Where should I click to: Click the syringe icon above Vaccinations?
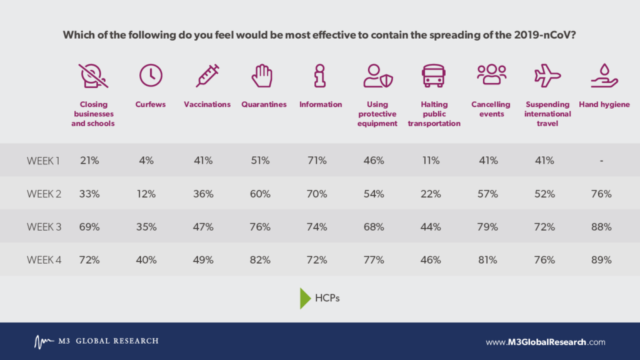point(207,76)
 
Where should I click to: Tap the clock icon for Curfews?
point(151,76)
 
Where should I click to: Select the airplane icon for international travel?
point(547,76)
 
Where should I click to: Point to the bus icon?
point(434,76)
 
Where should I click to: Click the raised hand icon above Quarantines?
point(262,76)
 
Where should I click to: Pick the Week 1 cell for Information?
point(317,161)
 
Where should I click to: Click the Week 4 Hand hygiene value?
point(601,260)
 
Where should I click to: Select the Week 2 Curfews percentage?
point(146,194)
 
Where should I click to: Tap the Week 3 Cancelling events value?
point(487,227)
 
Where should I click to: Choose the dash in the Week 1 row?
point(601,161)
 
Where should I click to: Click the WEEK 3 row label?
point(44,227)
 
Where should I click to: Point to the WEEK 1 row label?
point(43,161)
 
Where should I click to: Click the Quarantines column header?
point(264,104)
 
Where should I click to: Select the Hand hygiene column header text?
point(604,104)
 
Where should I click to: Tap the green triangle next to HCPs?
point(305,298)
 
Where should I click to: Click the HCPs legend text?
point(327,298)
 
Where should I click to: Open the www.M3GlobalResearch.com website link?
point(545,342)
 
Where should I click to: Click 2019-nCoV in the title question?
point(544,35)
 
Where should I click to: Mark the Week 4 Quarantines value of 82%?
point(260,260)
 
